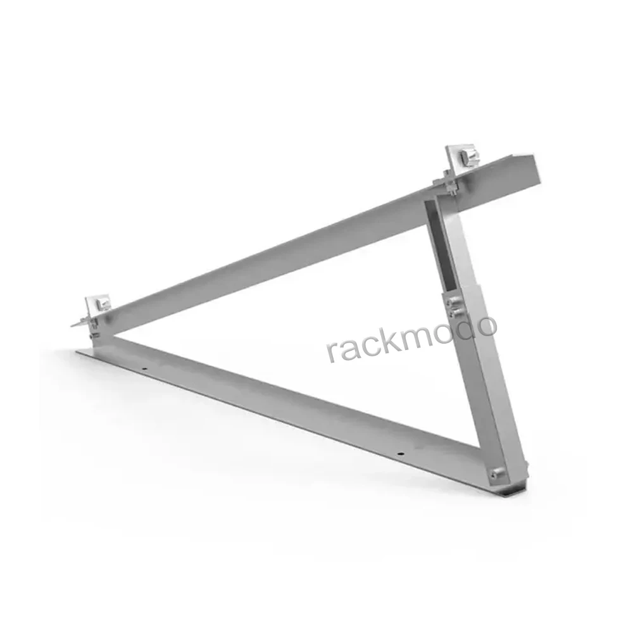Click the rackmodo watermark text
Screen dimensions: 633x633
[x=411, y=339]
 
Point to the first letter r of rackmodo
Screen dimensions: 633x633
[x=332, y=352]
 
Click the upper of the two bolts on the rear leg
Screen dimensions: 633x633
[x=453, y=303]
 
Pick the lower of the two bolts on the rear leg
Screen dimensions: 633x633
[x=454, y=313]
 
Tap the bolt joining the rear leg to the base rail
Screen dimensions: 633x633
[x=498, y=472]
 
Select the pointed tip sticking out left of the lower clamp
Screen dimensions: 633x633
[x=73, y=324]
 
